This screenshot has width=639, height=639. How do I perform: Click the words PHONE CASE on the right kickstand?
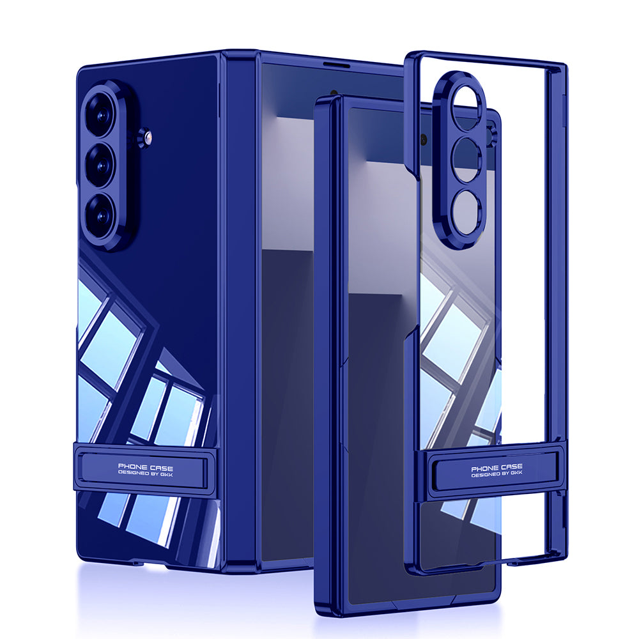coord(496,467)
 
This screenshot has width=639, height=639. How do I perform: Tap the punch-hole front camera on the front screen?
coord(424,137)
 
